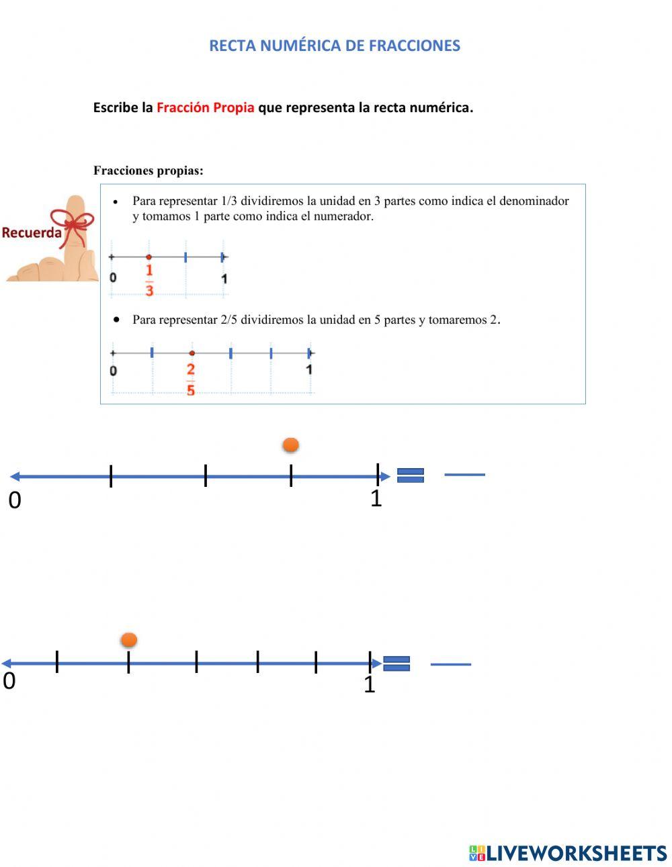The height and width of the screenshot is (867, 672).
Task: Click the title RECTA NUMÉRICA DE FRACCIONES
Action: [335, 46]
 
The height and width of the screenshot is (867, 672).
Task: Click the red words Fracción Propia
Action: [205, 107]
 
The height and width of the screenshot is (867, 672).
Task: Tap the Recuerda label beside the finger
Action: [32, 233]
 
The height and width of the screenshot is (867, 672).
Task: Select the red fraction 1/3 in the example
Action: [149, 280]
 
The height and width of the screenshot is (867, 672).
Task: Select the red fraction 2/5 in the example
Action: [191, 379]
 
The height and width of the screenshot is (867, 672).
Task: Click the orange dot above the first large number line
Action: [290, 445]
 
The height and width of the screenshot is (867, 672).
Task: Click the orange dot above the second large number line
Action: [128, 640]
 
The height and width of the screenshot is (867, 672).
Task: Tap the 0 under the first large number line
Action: [15, 500]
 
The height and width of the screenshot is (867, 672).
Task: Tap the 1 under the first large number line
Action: [376, 498]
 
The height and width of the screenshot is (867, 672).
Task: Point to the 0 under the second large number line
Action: [9, 681]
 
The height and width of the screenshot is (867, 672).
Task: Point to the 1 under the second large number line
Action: [369, 684]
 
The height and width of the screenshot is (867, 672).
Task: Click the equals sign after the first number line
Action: [411, 475]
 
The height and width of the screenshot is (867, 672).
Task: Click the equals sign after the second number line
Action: [396, 664]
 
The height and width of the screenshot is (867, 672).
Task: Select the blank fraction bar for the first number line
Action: [464, 475]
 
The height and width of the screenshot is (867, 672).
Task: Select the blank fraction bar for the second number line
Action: [450, 664]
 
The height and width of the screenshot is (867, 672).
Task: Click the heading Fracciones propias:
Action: [149, 171]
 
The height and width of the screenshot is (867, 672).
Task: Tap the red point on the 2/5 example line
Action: [192, 353]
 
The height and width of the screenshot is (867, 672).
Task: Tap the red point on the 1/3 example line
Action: [149, 257]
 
